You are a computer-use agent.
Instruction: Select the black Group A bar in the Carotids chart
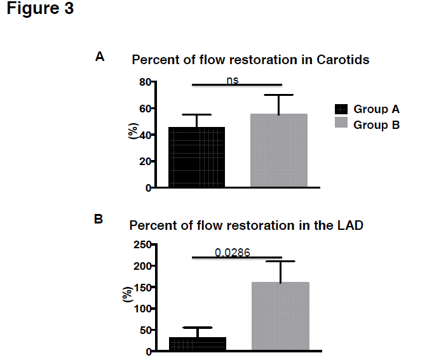tap(196, 157)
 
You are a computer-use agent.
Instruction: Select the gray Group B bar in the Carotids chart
tap(278, 151)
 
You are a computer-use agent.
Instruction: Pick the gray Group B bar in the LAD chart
tap(280, 316)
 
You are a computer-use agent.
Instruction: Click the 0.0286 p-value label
tap(232, 252)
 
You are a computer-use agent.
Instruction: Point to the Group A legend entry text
tap(376, 109)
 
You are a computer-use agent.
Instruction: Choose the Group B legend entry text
tap(376, 125)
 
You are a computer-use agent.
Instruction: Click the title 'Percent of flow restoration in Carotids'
tap(250, 60)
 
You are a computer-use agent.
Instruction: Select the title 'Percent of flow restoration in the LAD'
tap(247, 225)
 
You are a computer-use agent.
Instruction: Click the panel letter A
tap(100, 57)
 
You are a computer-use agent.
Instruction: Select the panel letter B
tap(98, 220)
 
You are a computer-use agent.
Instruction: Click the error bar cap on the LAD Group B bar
tap(280, 261)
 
